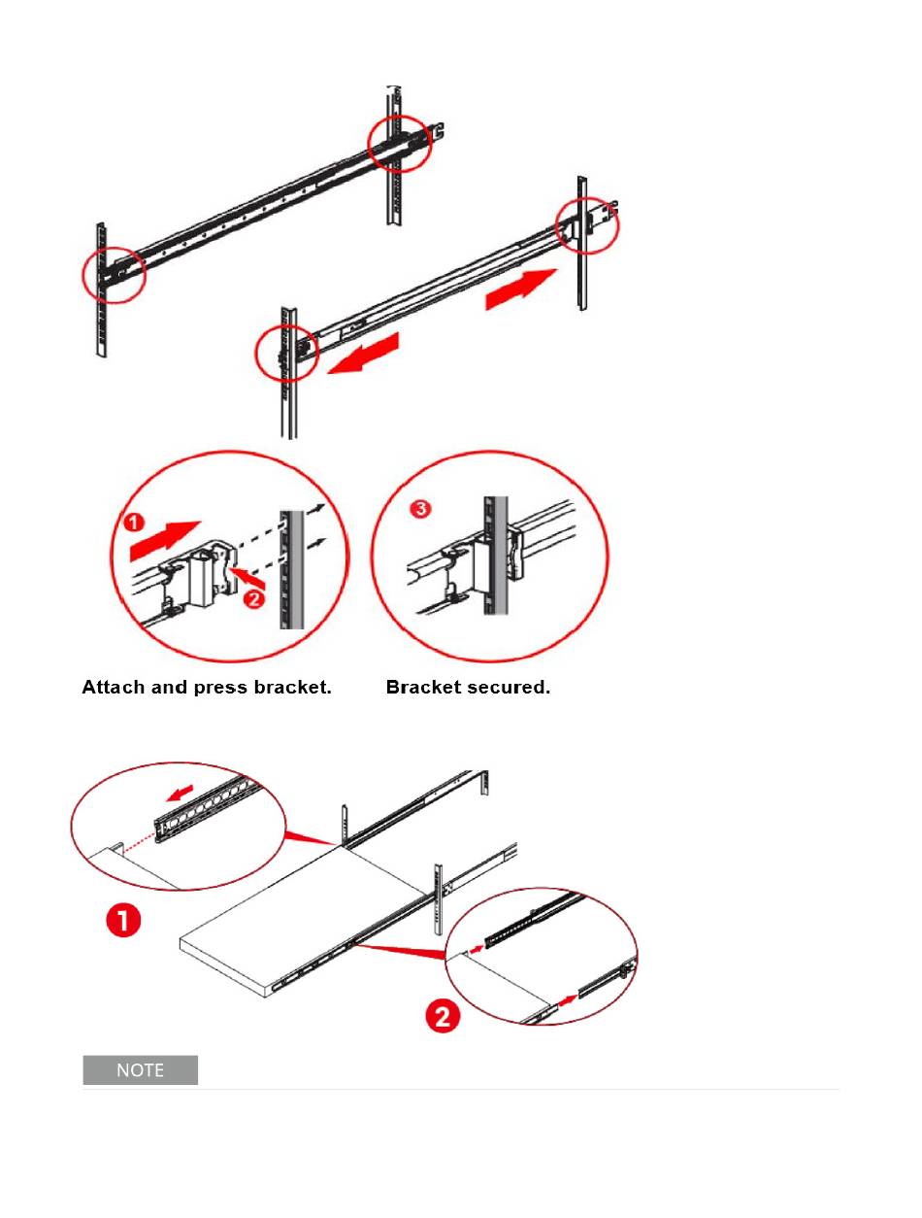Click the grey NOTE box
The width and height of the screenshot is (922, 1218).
click(x=141, y=1069)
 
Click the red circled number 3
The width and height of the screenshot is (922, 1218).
click(x=421, y=508)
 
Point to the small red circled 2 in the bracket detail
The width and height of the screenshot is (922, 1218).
click(x=254, y=599)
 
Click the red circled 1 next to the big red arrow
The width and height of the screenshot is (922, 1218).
click(x=133, y=523)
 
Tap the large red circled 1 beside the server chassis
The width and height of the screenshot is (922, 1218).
click(x=123, y=920)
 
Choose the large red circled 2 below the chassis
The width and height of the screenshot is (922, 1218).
click(x=443, y=1017)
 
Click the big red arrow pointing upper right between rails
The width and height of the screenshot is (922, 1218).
click(x=520, y=289)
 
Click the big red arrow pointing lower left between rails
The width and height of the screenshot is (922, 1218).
click(x=363, y=354)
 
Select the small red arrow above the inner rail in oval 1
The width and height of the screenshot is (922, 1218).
click(x=181, y=793)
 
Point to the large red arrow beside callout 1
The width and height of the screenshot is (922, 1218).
click(x=165, y=540)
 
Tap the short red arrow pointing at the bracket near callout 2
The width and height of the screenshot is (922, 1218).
click(x=248, y=577)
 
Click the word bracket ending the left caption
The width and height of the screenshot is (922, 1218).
click(x=292, y=687)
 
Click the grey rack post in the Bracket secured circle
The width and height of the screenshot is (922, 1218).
click(x=496, y=556)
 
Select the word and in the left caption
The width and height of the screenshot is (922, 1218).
click(x=170, y=687)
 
